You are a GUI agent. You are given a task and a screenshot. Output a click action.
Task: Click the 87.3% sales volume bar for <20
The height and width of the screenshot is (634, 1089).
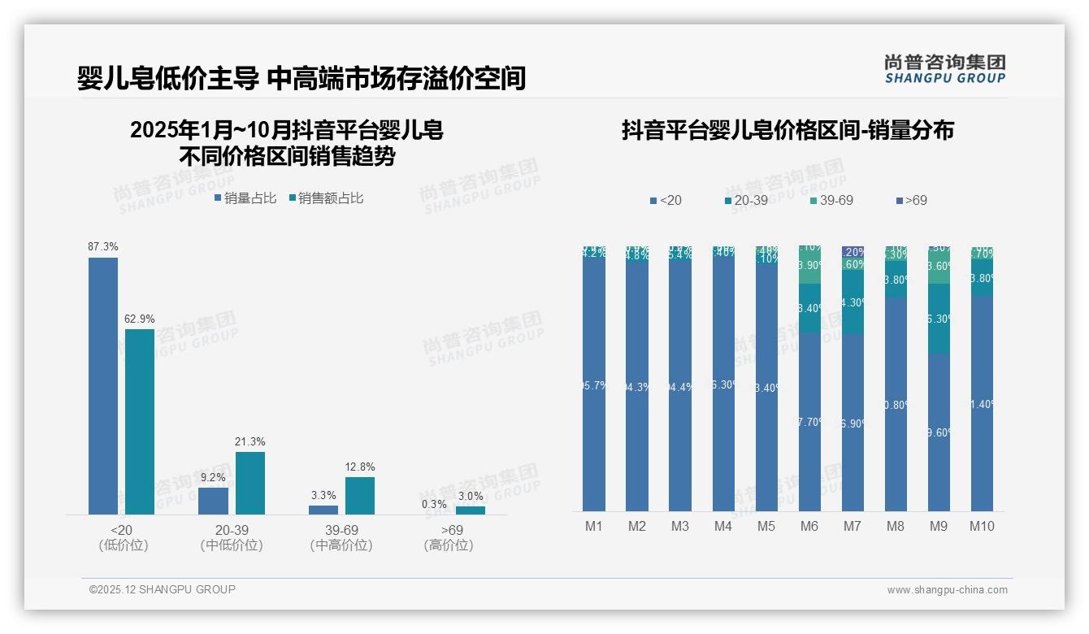[103, 385]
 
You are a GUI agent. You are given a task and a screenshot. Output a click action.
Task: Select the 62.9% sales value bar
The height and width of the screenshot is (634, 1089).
[140, 421]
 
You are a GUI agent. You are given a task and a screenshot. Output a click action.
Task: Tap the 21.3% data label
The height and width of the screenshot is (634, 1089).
[250, 441]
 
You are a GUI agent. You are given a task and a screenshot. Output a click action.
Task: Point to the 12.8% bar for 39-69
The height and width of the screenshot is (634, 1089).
[360, 495]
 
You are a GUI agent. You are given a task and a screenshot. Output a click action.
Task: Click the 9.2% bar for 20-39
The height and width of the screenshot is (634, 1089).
[213, 501]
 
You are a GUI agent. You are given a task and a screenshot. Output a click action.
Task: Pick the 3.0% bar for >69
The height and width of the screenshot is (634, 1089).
[471, 510]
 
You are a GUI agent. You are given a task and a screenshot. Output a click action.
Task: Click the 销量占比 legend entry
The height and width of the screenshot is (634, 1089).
[245, 198]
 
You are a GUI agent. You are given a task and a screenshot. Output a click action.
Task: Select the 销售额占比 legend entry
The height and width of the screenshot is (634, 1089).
[326, 198]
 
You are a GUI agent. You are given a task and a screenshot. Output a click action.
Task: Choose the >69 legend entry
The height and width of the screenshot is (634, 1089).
[911, 200]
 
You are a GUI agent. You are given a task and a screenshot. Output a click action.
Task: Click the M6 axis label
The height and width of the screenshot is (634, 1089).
[809, 526]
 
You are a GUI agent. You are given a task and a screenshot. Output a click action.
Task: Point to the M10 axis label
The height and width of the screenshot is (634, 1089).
[982, 526]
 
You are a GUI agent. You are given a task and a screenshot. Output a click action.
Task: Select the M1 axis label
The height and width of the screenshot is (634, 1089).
[594, 526]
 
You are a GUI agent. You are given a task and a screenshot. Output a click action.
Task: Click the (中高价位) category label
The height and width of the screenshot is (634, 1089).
[341, 545]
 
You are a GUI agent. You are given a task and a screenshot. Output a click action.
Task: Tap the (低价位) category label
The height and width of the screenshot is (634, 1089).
[124, 545]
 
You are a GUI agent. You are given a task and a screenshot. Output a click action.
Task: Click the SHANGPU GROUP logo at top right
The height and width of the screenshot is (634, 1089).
[945, 68]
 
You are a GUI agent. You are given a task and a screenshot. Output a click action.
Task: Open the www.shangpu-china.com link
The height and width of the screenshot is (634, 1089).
[947, 590]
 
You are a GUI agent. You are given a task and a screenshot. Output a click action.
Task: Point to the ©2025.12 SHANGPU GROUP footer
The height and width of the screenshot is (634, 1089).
[163, 589]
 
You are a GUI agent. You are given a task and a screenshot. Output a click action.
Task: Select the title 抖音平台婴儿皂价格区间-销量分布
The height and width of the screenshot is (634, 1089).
[787, 130]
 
